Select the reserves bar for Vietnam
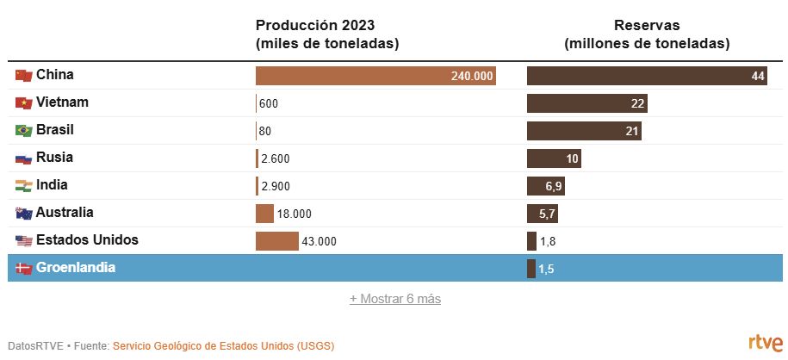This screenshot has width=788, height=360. click(x=586, y=103)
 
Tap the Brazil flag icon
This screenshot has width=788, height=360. click(x=24, y=131)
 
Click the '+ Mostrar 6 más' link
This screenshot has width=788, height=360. click(x=395, y=299)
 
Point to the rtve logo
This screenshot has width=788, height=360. click(x=766, y=342)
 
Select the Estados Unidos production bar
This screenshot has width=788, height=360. click(x=277, y=241)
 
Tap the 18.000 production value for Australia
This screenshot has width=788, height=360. click(x=294, y=214)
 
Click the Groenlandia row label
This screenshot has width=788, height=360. click(x=76, y=268)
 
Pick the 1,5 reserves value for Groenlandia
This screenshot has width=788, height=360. click(x=546, y=269)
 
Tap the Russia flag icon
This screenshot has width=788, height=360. click(x=24, y=158)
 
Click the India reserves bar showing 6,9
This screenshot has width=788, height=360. click(x=546, y=186)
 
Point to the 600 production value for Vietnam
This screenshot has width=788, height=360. click(x=268, y=103)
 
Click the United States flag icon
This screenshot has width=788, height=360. click(x=24, y=241)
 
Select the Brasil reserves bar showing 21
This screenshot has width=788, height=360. click(x=584, y=131)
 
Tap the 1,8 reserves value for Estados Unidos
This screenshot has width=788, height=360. click(x=548, y=241)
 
